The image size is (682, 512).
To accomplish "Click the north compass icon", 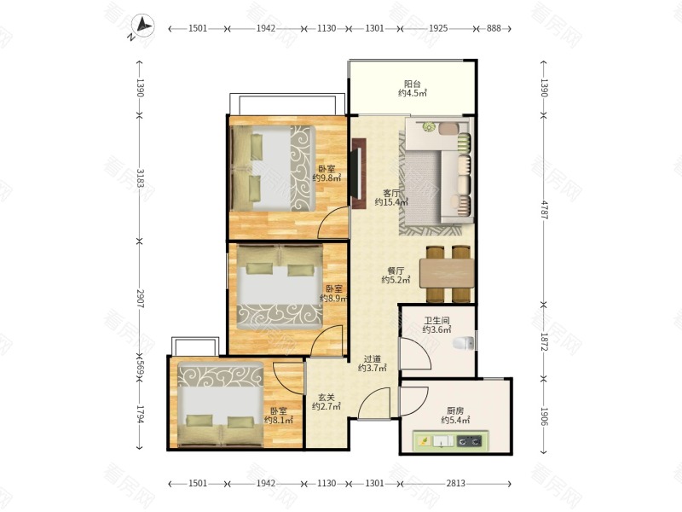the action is click(x=142, y=26).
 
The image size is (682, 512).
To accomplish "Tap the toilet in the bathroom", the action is click(x=463, y=343).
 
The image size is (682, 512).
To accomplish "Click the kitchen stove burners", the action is click(x=470, y=441).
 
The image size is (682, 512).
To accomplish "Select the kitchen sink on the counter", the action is click(x=442, y=441).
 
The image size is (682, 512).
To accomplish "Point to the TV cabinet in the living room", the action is click(x=359, y=174).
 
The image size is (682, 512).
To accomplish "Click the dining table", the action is click(x=447, y=273).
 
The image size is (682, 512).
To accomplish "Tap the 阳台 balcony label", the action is click(x=413, y=84).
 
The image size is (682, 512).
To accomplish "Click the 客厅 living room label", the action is click(x=391, y=193).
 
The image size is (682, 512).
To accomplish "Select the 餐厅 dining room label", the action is click(x=396, y=271).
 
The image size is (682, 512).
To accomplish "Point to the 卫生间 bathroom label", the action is click(x=436, y=321).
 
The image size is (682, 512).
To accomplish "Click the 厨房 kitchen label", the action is click(x=455, y=410).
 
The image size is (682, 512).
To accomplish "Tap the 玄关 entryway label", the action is click(x=327, y=398).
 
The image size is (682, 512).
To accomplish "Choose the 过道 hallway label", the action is click(x=373, y=359).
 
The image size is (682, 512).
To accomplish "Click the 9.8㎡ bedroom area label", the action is click(x=327, y=178).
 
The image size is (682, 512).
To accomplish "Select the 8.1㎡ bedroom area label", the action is click(x=279, y=420).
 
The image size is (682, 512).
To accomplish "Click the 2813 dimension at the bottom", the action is click(x=455, y=483).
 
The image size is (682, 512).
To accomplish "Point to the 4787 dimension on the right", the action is click(x=544, y=210).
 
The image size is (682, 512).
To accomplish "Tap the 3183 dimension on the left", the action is click(x=140, y=178).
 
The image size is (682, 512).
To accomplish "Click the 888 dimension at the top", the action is click(x=494, y=28).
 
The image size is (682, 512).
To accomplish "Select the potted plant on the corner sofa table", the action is click(x=430, y=127).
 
